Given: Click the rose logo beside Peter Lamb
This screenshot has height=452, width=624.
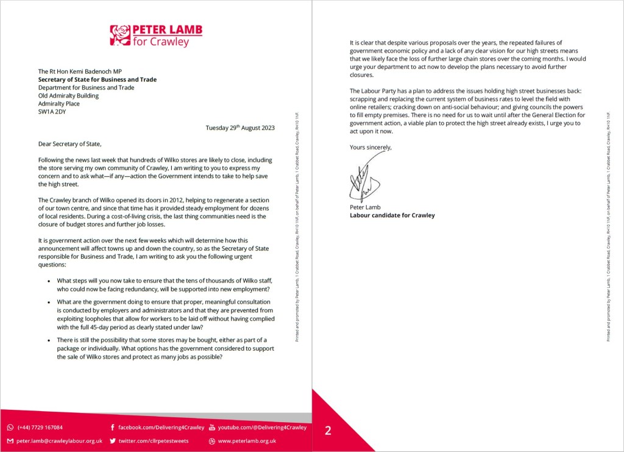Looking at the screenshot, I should pyautogui.click(x=120, y=35).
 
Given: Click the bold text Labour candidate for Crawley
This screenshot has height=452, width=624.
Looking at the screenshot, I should pyautogui.click(x=392, y=215).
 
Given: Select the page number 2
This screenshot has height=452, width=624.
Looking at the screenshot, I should pyautogui.click(x=328, y=431).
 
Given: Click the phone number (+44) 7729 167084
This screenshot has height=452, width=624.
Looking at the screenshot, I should pyautogui.click(x=40, y=428).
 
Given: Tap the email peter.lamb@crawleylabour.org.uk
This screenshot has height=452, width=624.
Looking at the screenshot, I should pyautogui.click(x=59, y=440).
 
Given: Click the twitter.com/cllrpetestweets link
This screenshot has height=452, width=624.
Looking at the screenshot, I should pyautogui.click(x=153, y=440).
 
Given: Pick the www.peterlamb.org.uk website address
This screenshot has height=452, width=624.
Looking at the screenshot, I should pyautogui.click(x=247, y=440).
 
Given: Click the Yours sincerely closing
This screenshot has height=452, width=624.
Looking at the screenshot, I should pyautogui.click(x=370, y=147).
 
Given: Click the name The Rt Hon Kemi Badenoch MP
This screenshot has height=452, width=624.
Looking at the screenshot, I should pyautogui.click(x=80, y=71).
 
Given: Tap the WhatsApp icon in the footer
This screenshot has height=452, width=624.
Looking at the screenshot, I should pyautogui.click(x=10, y=428).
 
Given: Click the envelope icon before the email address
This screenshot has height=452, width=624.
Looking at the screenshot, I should pyautogui.click(x=10, y=440).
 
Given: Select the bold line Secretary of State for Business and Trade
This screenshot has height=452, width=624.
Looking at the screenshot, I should pyautogui.click(x=97, y=79).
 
